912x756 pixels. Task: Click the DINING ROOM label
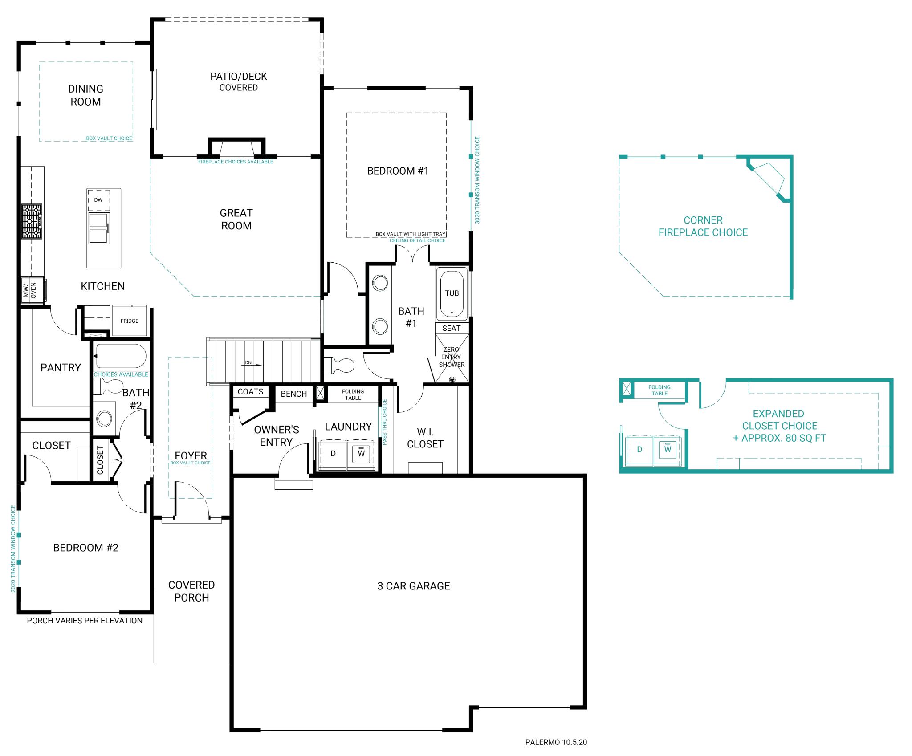click(x=85, y=95)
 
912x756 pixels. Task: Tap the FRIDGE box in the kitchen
click(x=129, y=321)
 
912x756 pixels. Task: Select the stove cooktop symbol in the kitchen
click(x=32, y=221)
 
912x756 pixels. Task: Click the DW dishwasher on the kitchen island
click(x=98, y=200)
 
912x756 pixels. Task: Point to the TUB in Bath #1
click(x=452, y=293)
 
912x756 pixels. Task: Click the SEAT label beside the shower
click(x=451, y=328)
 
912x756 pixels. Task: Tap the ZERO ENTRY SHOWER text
click(x=451, y=357)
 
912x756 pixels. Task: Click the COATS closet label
click(x=250, y=391)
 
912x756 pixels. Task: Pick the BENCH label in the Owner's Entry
click(x=293, y=394)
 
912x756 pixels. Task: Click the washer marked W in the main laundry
click(x=361, y=453)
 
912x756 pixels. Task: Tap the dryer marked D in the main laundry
click(x=333, y=453)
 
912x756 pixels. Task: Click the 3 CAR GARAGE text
click(x=413, y=586)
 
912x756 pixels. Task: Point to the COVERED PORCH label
click(x=191, y=591)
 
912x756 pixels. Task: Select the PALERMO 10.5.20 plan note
click(x=556, y=742)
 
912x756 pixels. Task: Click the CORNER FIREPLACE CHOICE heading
click(x=703, y=226)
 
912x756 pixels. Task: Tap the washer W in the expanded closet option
click(x=668, y=449)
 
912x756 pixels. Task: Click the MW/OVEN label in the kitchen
click(x=30, y=291)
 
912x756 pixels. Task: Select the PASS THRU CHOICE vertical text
click(x=385, y=422)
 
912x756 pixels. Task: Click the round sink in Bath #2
click(x=105, y=419)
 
